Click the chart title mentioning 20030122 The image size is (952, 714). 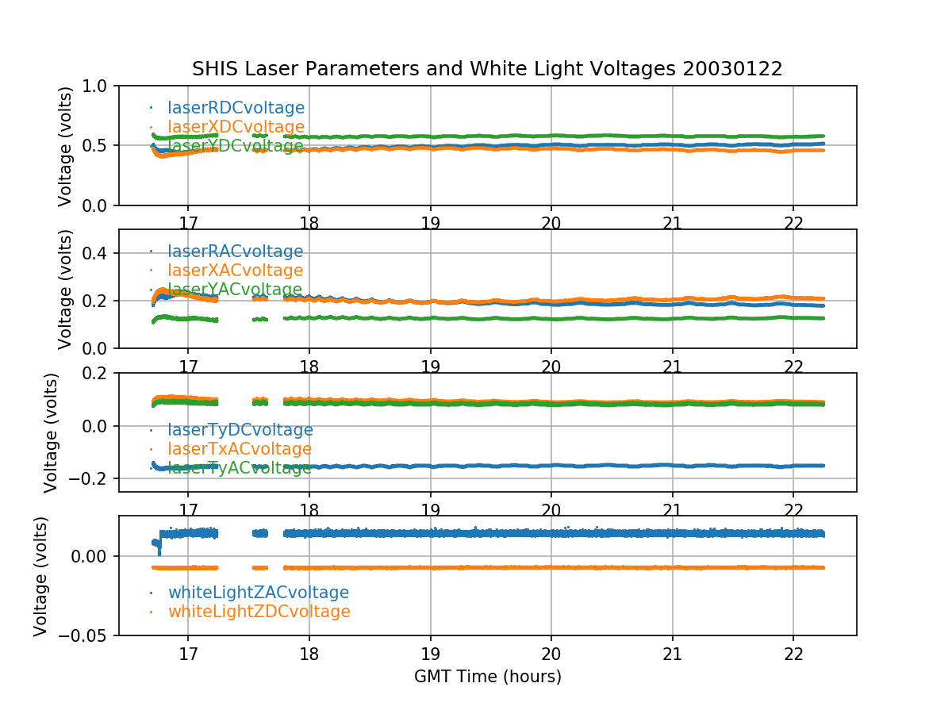[487, 69]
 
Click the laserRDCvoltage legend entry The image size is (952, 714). [236, 108]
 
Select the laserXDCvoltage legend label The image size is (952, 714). [236, 127]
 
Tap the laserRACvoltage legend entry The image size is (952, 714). [235, 251]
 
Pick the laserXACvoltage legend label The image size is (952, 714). [235, 271]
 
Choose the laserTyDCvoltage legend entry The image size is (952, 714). [240, 430]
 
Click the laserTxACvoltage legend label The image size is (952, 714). [240, 449]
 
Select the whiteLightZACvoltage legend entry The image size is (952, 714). [258, 593]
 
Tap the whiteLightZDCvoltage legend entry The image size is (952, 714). [259, 612]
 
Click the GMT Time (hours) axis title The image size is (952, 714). [487, 677]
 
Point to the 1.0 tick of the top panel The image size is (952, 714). [100, 86]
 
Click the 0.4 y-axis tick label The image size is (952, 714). [100, 253]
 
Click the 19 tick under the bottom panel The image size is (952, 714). [430, 654]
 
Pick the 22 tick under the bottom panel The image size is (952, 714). [794, 654]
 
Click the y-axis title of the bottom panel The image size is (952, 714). [41, 575]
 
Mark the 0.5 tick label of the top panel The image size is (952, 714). [100, 145]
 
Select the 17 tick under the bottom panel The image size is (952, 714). [188, 654]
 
